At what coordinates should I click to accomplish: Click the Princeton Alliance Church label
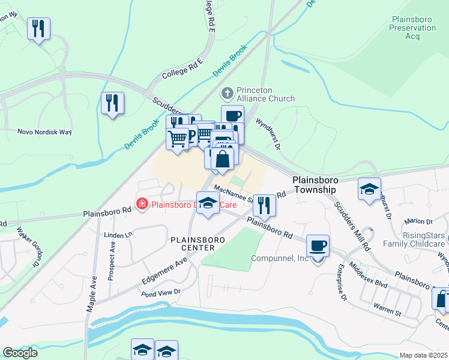[x=265, y=94]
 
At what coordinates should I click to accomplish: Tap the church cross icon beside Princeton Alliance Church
[x=227, y=94]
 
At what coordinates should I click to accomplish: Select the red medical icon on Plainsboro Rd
[x=142, y=205]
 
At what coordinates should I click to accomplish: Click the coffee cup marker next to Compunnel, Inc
[x=318, y=247]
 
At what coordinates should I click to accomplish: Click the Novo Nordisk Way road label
[x=44, y=132]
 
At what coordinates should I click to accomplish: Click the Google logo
[x=20, y=352]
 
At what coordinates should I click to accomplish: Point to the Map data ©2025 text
[x=423, y=355]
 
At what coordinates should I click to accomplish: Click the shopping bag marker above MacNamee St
[x=222, y=160]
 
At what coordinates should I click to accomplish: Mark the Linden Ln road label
[x=118, y=235]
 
